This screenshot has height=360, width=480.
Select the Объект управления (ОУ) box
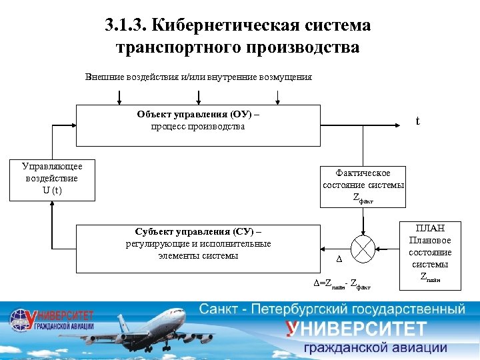tap(198, 125)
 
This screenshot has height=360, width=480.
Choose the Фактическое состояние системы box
tap(363, 186)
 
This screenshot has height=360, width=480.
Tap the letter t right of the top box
tap(417, 121)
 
